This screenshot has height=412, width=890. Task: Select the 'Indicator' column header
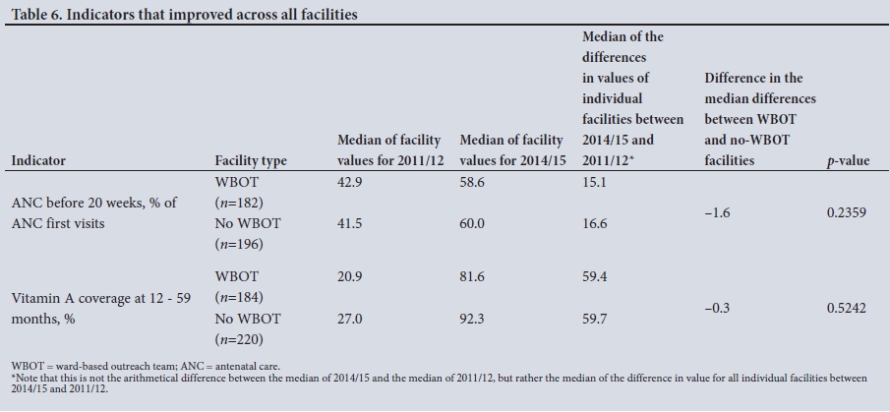pyautogui.click(x=38, y=160)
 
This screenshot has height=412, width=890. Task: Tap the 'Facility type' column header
pyautogui.click(x=251, y=160)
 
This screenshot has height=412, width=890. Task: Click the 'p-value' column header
pyautogui.click(x=848, y=160)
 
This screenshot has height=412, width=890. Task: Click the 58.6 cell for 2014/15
pyautogui.click(x=474, y=182)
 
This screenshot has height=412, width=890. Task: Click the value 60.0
pyautogui.click(x=474, y=224)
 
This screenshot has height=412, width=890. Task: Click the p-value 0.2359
pyautogui.click(x=847, y=212)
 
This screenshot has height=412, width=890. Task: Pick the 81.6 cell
pyautogui.click(x=474, y=277)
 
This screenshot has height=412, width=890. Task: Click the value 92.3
pyautogui.click(x=474, y=320)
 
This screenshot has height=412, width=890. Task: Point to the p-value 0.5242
pyautogui.click(x=847, y=308)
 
